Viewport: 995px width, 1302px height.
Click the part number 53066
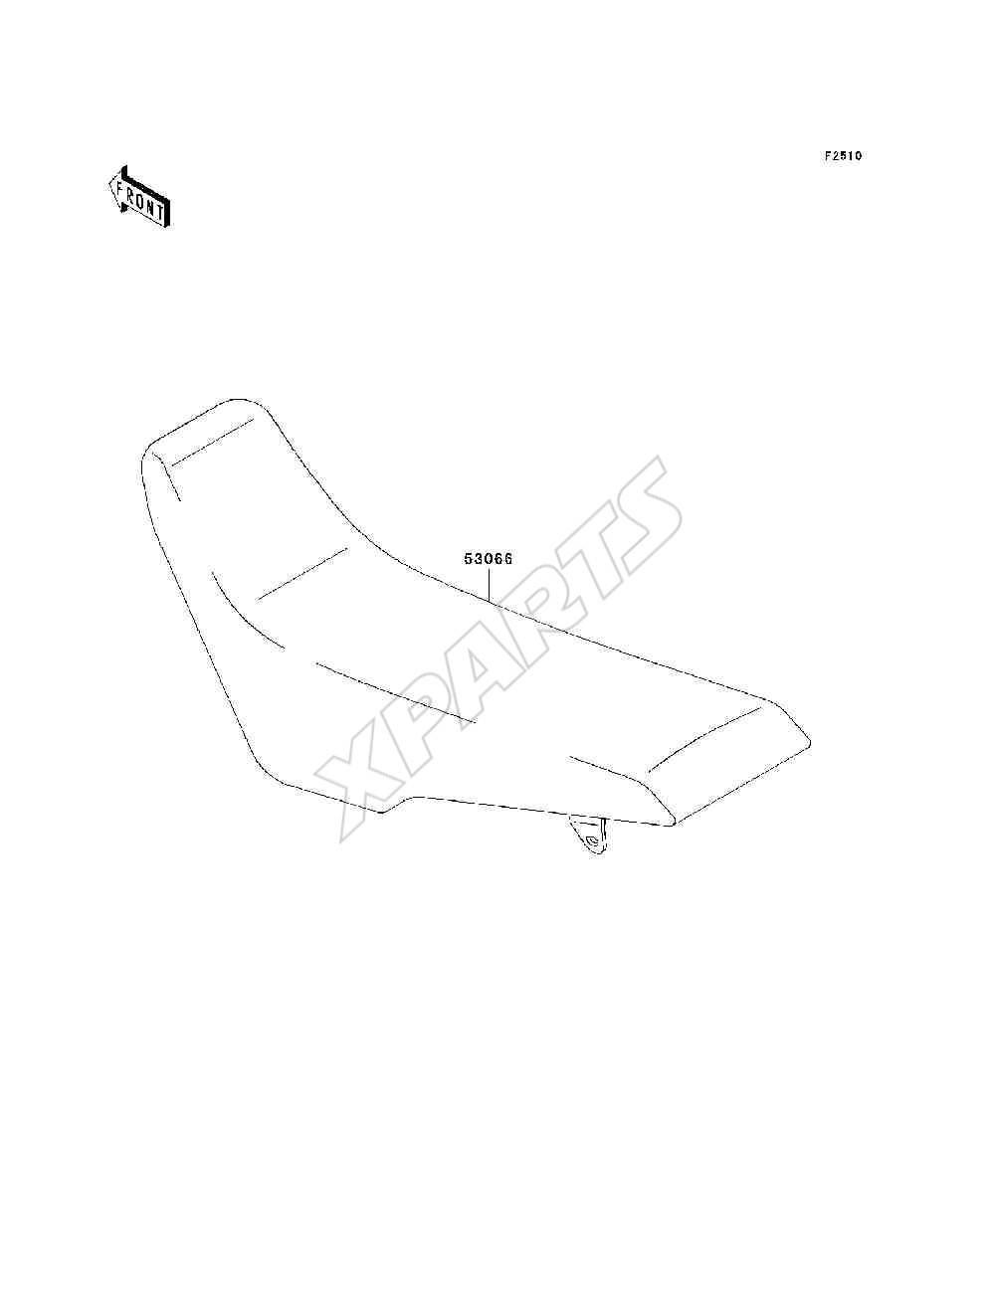pos(488,559)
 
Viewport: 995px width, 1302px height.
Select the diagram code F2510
pos(843,156)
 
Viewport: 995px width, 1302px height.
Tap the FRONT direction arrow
pos(139,197)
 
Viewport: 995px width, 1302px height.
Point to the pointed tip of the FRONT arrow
pos(109,185)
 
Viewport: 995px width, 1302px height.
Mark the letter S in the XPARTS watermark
pos(641,510)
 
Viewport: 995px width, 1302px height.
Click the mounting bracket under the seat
pos(589,836)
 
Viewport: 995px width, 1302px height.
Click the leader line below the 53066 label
pos(489,585)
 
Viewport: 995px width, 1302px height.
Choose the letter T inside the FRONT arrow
pos(158,211)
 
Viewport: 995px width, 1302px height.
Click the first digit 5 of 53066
pos(468,559)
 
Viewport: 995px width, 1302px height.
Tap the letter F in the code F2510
pos(828,156)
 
